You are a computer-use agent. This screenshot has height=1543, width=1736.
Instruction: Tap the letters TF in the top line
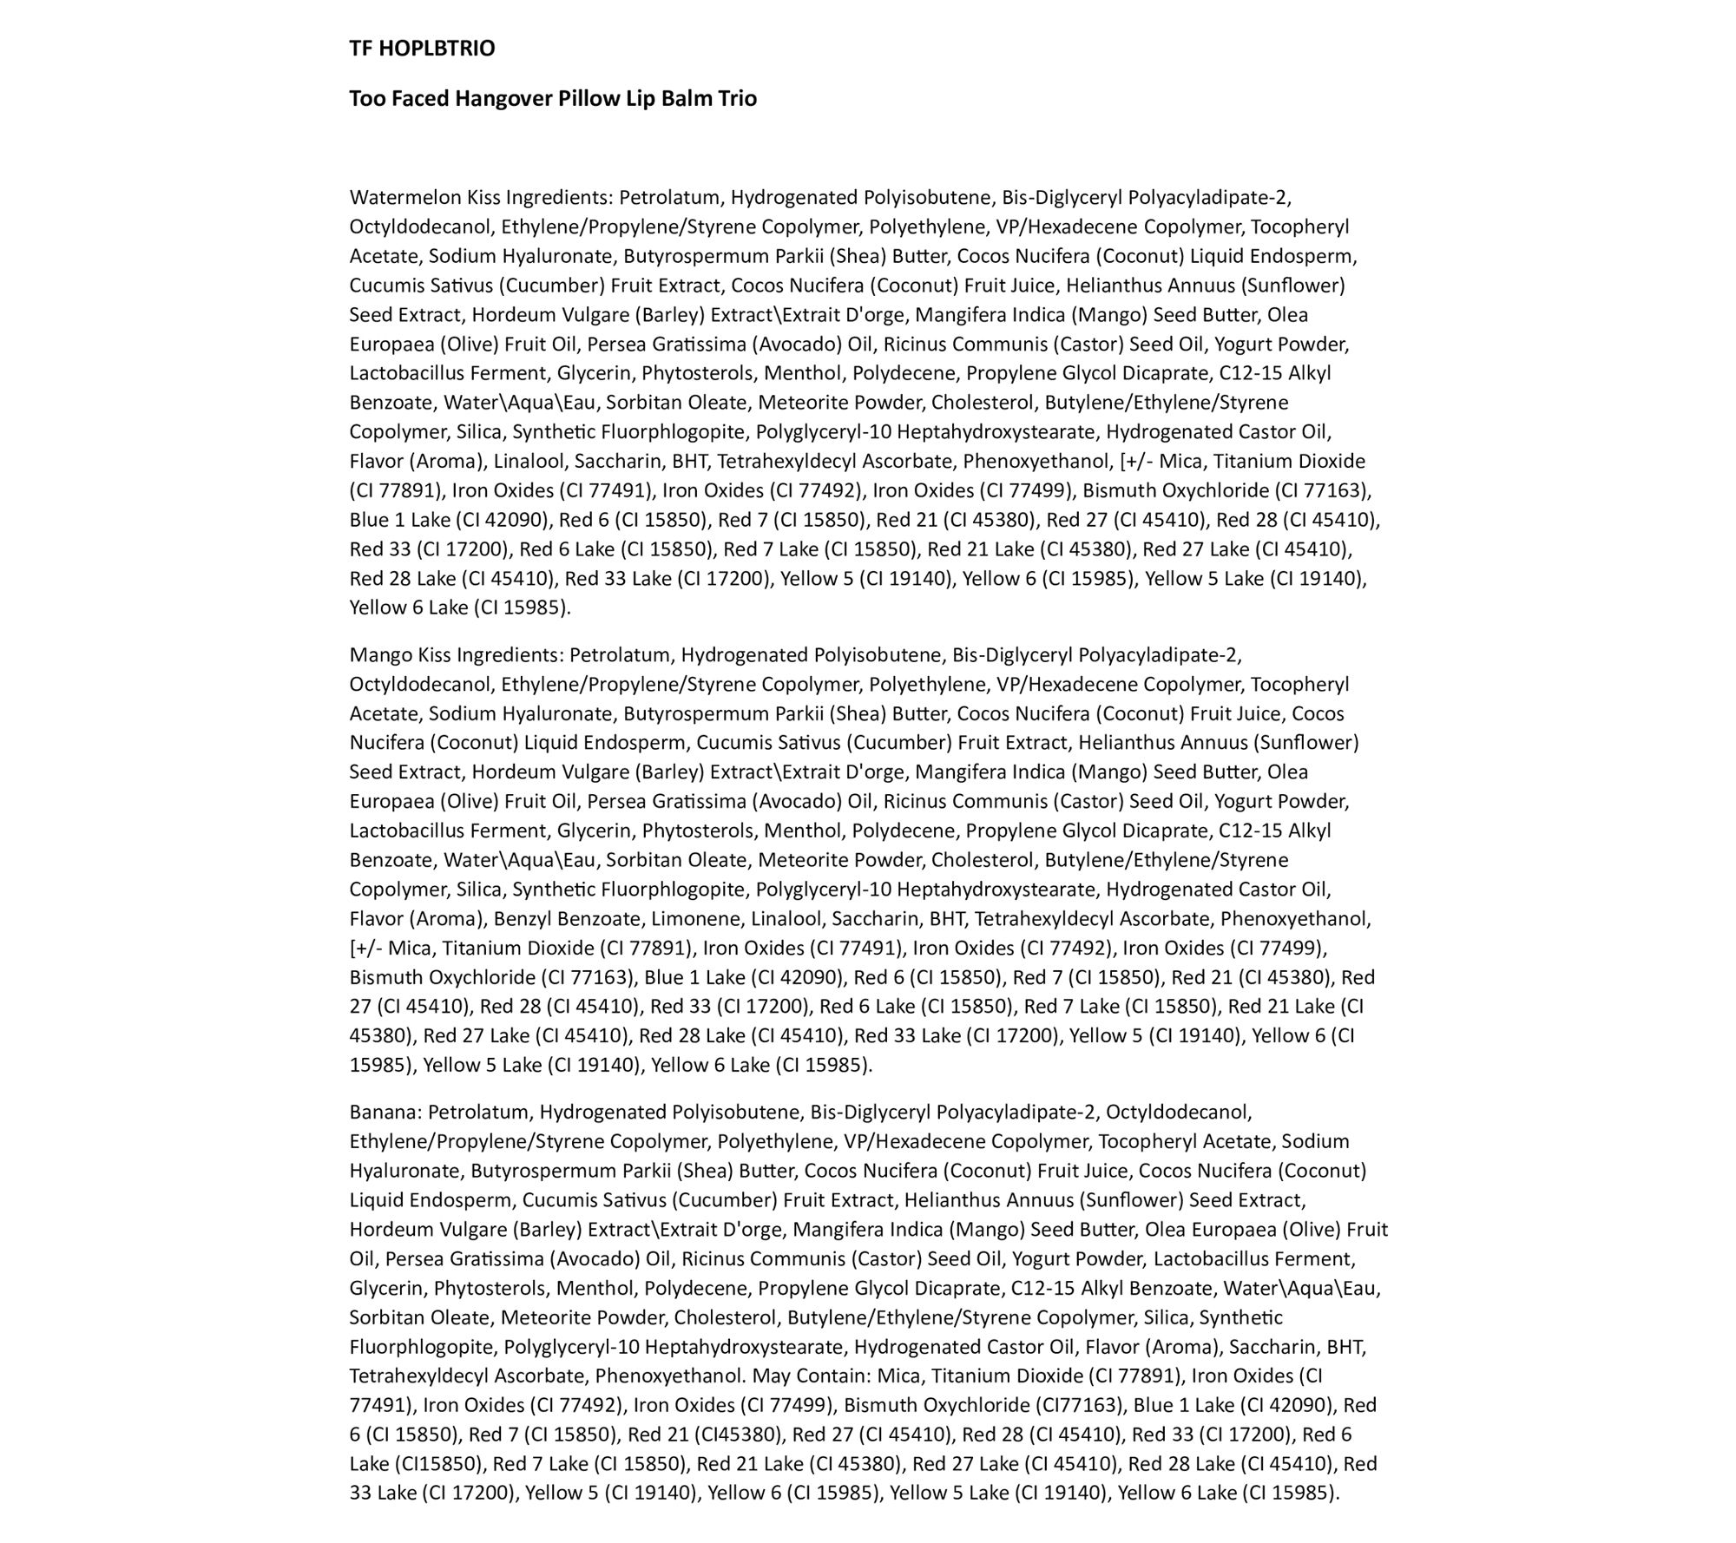pos(361,49)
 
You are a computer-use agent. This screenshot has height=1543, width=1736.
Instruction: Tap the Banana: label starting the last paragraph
pos(385,1113)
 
